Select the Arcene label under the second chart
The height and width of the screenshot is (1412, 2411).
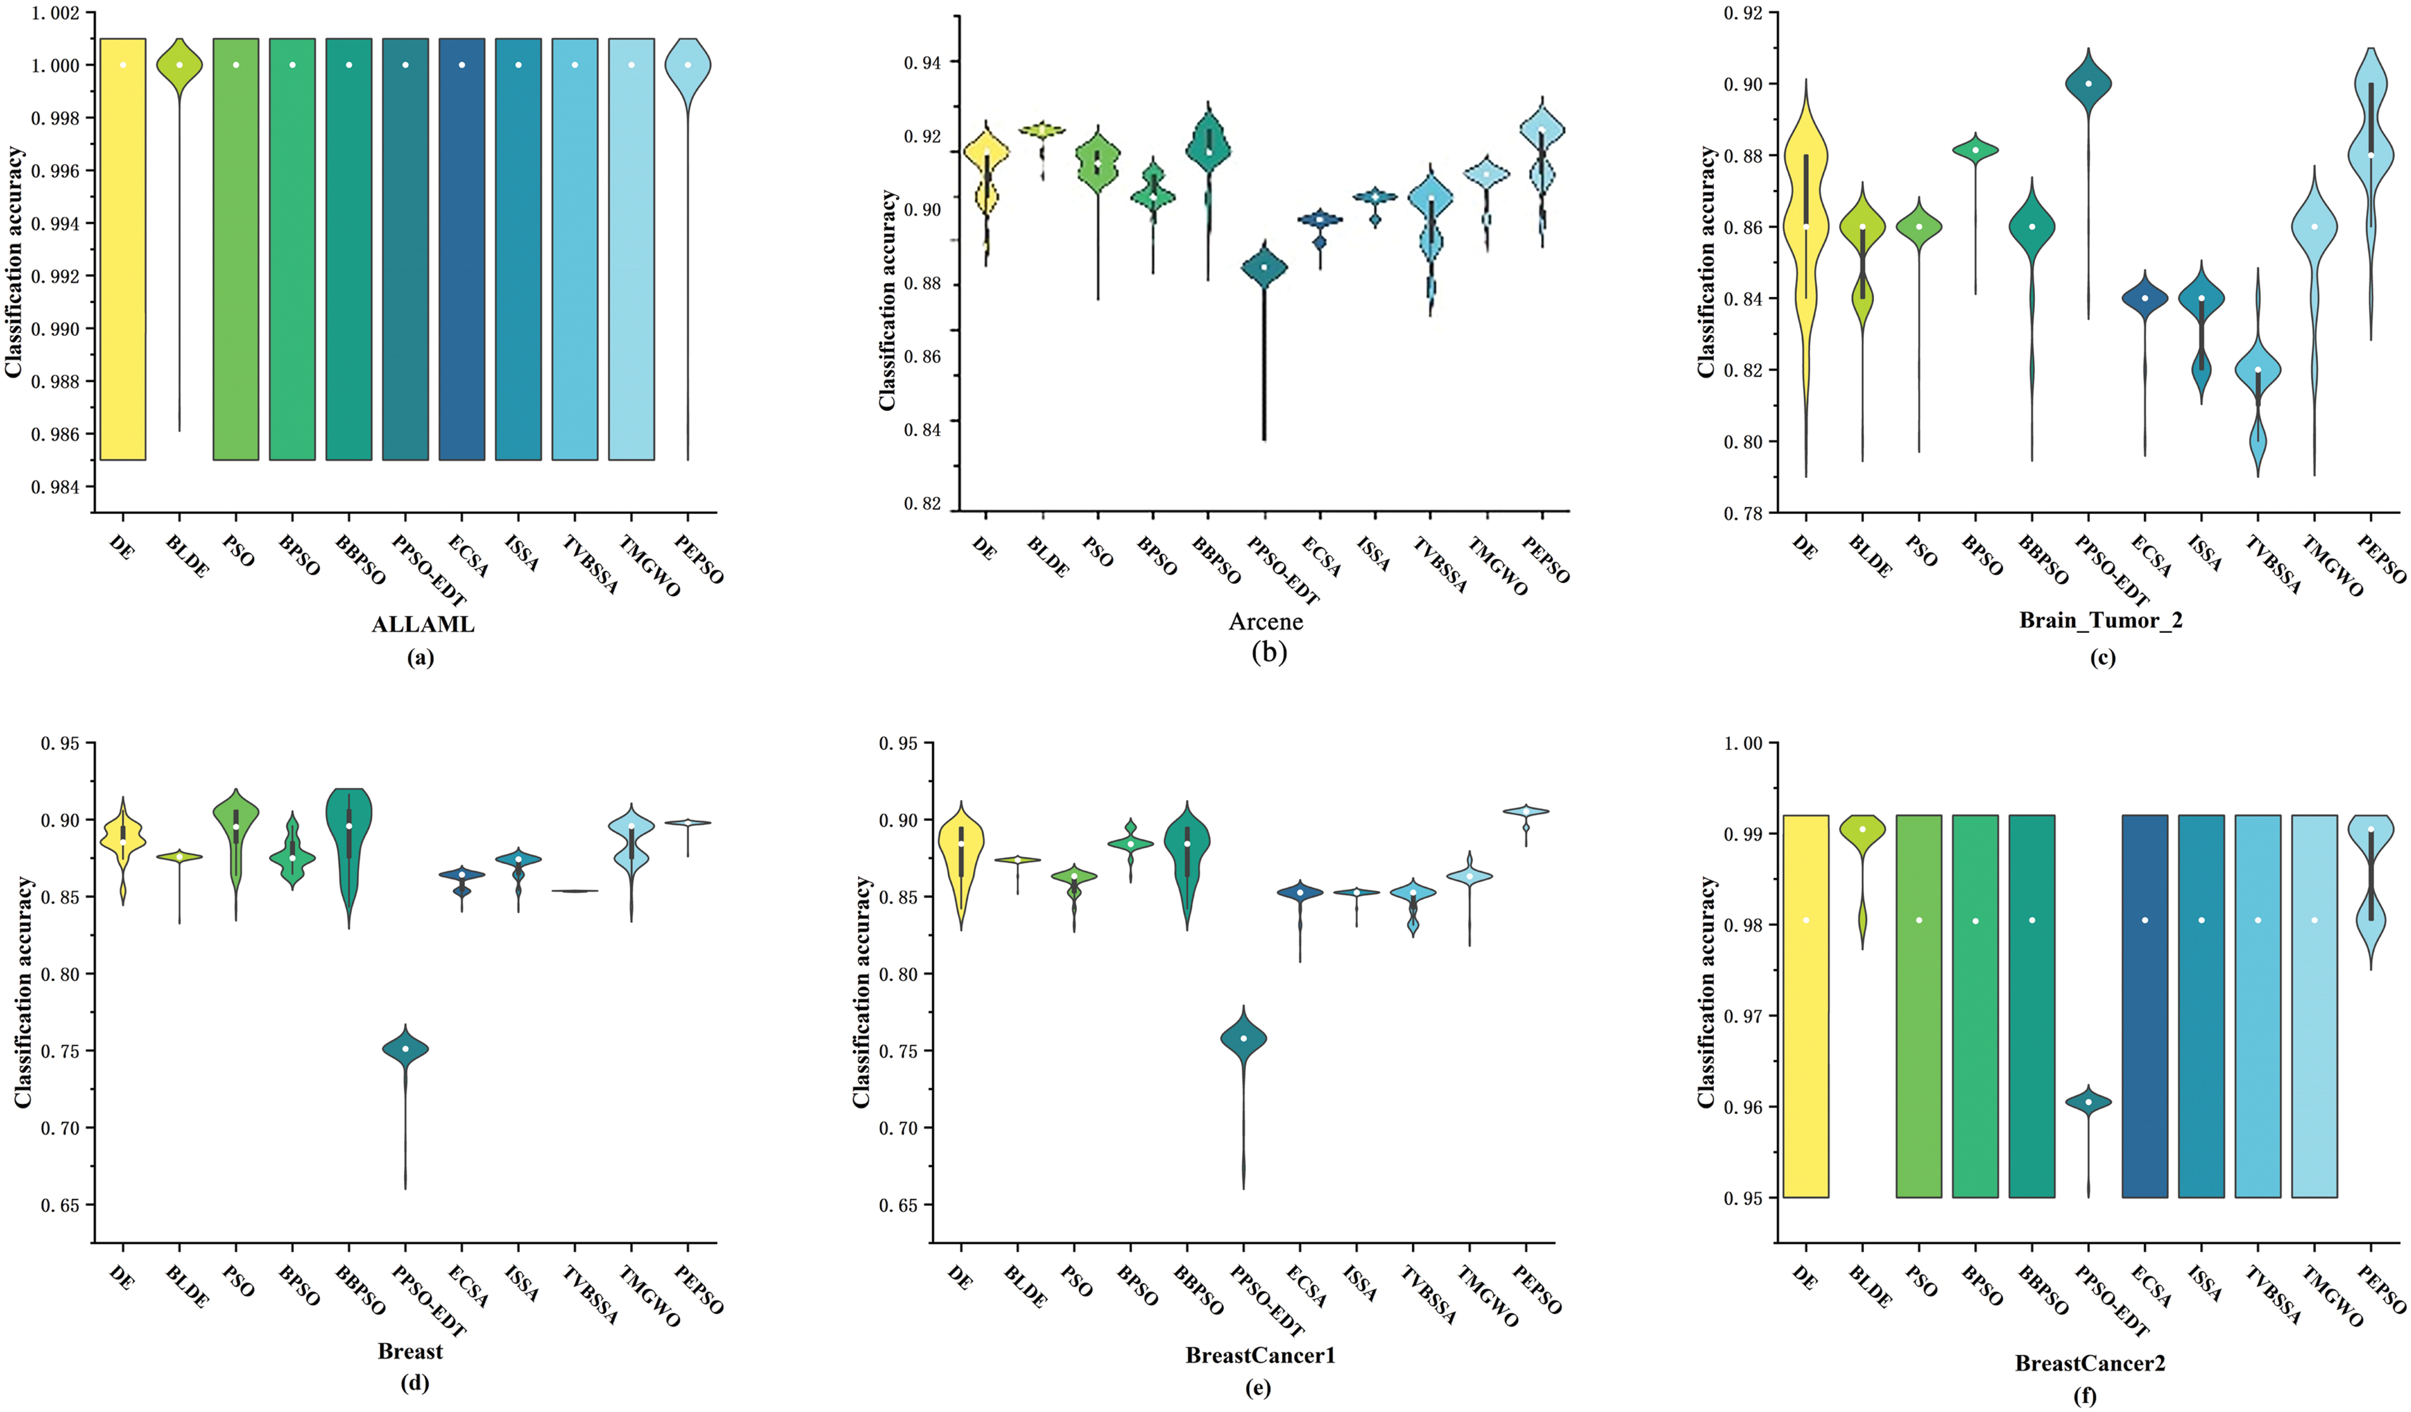click(x=1265, y=622)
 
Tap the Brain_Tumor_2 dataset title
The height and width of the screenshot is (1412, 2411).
click(x=2100, y=620)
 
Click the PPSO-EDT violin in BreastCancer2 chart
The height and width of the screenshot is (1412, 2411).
click(x=2089, y=1102)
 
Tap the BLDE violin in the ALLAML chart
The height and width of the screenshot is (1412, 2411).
click(x=179, y=67)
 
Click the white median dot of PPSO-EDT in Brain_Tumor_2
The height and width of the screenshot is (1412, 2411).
click(x=2089, y=84)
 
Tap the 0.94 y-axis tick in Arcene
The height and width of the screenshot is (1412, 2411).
click(x=922, y=63)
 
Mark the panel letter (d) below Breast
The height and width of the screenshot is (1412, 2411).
click(x=414, y=1384)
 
